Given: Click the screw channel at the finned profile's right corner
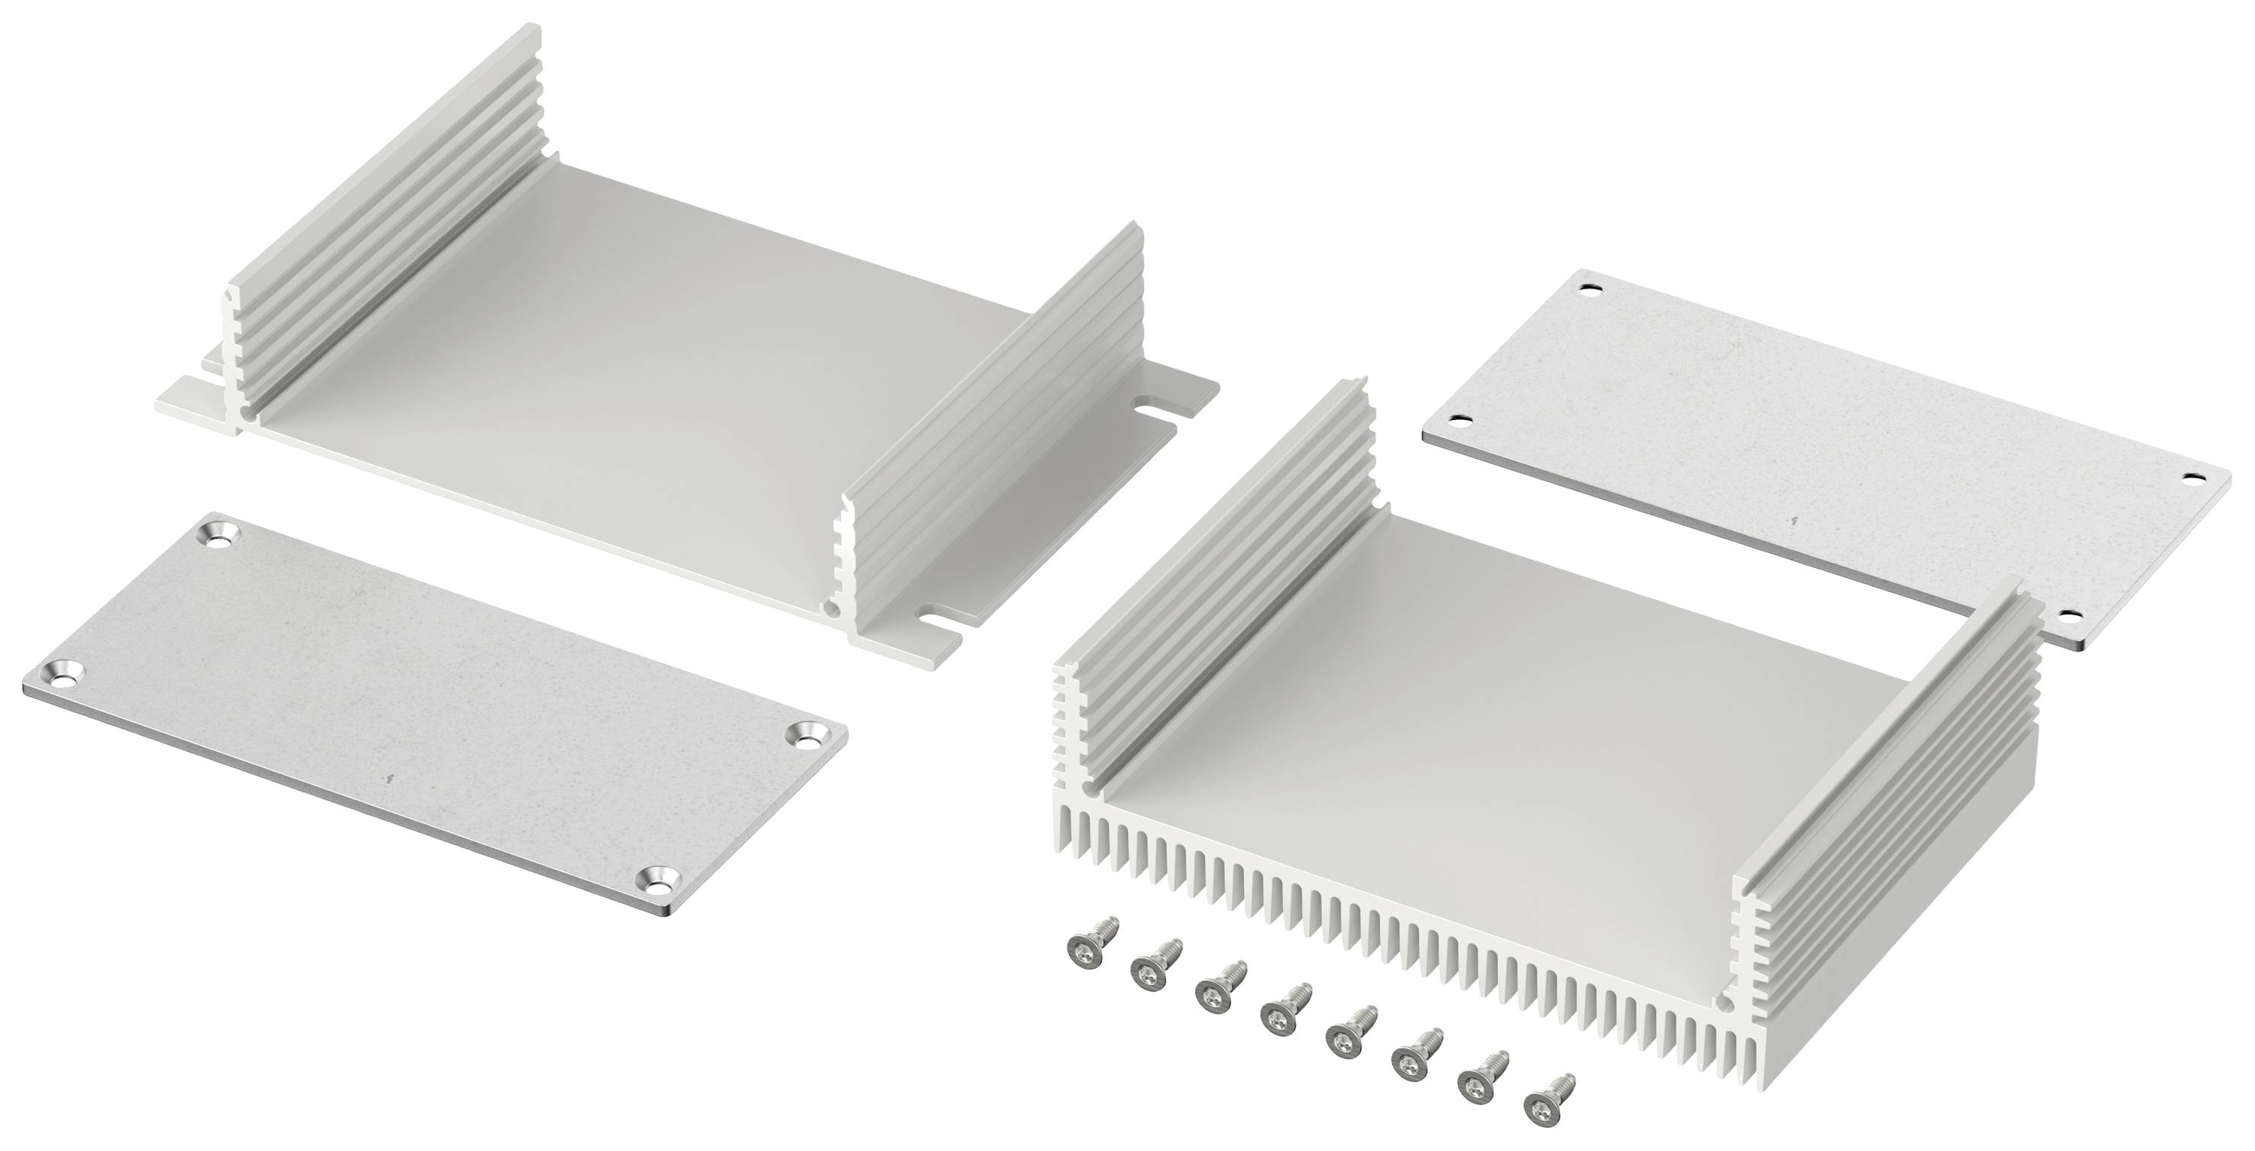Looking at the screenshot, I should (x=1727, y=998).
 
